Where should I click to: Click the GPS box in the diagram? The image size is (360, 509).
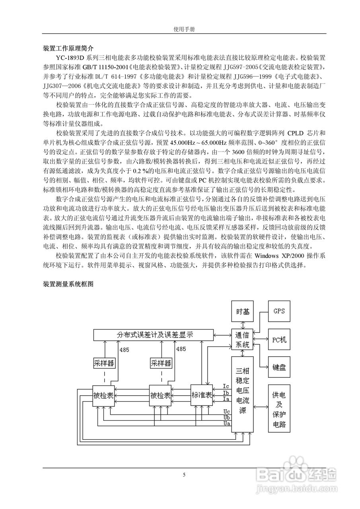click(278, 311)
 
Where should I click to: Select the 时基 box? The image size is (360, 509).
click(243, 311)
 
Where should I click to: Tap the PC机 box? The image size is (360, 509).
click(278, 340)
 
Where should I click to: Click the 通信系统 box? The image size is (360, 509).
click(243, 340)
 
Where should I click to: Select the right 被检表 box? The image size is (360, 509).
click(160, 396)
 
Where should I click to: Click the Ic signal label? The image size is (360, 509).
click(226, 386)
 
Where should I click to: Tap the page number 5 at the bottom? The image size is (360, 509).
click(184, 474)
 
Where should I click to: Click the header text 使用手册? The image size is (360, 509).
click(184, 29)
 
